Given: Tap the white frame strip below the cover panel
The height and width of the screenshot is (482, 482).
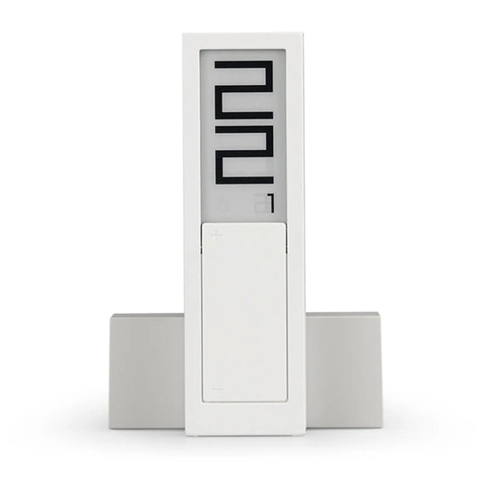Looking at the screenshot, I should coord(241,432).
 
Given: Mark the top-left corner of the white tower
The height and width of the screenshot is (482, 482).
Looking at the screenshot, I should coord(184,34).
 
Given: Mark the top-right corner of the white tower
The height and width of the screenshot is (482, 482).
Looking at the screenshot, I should coord(298,34).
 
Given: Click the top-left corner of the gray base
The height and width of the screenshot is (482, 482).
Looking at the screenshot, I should coord(112,314).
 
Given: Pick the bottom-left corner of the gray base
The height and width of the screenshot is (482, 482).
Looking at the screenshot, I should coord(112,426).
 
